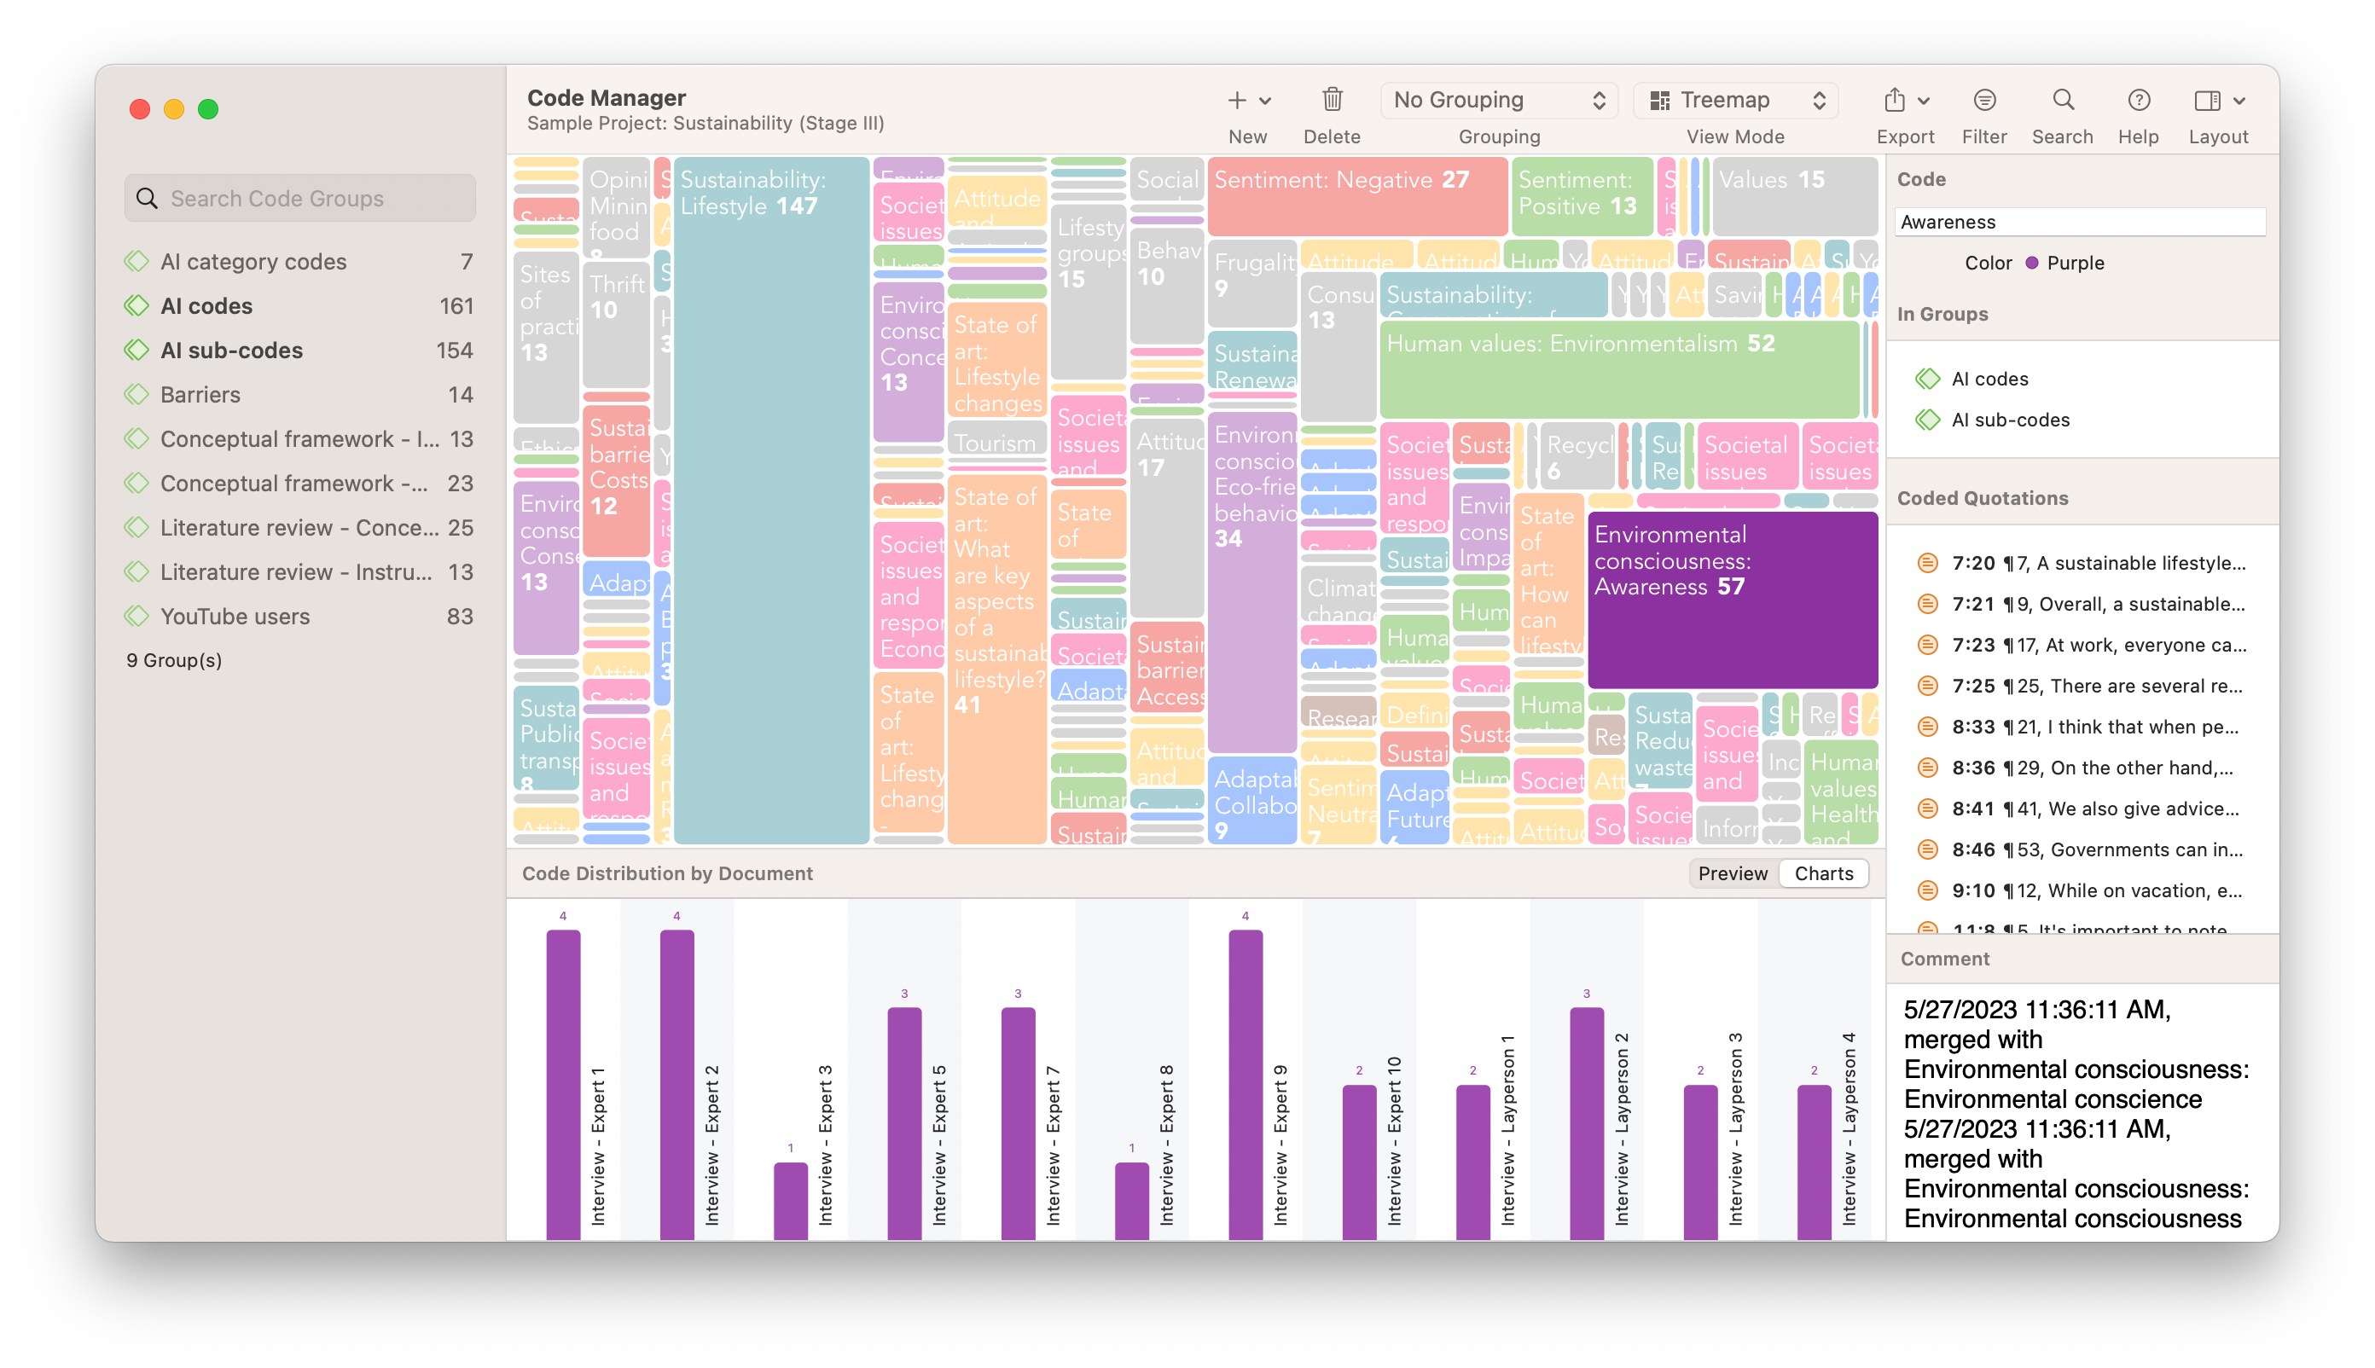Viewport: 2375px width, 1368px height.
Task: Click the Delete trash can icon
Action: tap(1332, 100)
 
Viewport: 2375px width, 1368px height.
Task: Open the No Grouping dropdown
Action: tap(1498, 101)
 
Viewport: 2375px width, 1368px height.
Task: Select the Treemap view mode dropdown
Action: tap(1735, 101)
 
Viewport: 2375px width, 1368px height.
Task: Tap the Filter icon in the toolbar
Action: tap(1984, 100)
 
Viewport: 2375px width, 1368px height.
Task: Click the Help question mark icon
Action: tap(2138, 100)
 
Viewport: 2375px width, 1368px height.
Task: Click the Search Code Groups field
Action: tap(301, 198)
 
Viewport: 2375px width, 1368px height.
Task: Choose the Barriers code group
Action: tap(200, 395)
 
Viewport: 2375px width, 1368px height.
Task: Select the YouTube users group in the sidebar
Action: tap(235, 617)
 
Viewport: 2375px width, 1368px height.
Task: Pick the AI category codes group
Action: tap(253, 261)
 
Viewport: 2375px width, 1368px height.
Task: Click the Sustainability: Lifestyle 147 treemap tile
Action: tap(770, 498)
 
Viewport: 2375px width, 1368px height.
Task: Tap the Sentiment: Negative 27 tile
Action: tap(1356, 196)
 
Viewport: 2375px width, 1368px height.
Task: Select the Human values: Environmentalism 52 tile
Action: tap(1618, 369)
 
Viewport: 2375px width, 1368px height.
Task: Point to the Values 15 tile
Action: tap(1793, 196)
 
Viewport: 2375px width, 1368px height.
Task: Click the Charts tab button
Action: tap(1823, 874)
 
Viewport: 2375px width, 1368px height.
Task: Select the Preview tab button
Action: tap(1732, 874)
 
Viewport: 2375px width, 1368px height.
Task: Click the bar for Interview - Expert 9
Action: tap(1246, 1084)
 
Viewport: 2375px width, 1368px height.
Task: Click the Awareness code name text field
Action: tap(2079, 222)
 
